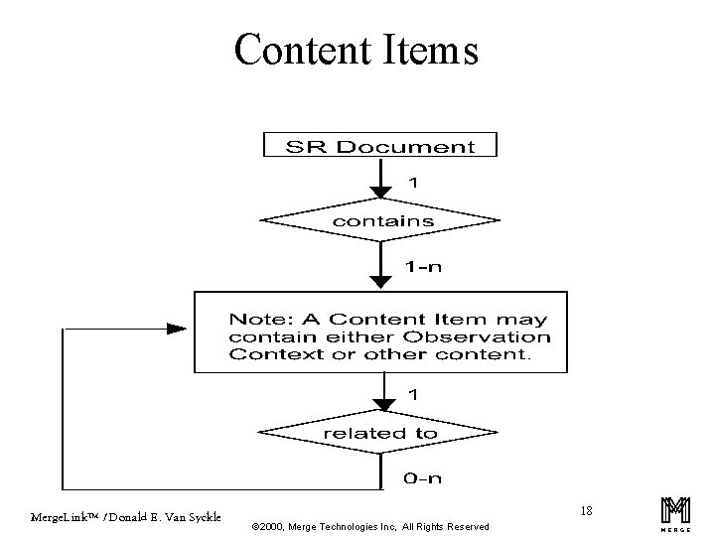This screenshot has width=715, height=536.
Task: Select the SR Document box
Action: coord(379,146)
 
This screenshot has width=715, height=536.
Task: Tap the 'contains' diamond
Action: coord(381,221)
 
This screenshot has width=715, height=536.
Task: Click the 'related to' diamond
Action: coord(380,433)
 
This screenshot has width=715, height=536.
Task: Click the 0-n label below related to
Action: coord(422,477)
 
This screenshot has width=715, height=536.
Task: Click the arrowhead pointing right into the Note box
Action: coord(176,329)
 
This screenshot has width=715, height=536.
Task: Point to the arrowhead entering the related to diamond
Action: coord(380,404)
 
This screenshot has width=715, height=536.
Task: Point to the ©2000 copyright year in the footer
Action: coord(273,526)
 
